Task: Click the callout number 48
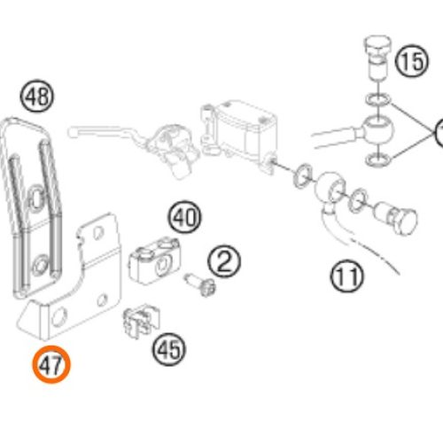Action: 37,96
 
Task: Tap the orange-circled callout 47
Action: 51,364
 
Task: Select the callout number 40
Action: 184,218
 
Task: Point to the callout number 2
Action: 224,261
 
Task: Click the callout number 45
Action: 169,349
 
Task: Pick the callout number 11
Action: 347,276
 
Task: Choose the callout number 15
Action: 412,61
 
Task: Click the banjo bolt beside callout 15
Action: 377,58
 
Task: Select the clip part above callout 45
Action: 141,322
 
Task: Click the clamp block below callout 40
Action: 154,261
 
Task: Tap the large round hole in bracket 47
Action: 59,317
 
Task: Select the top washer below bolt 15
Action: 378,99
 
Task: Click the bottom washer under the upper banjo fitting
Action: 378,159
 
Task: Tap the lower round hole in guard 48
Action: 40,265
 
